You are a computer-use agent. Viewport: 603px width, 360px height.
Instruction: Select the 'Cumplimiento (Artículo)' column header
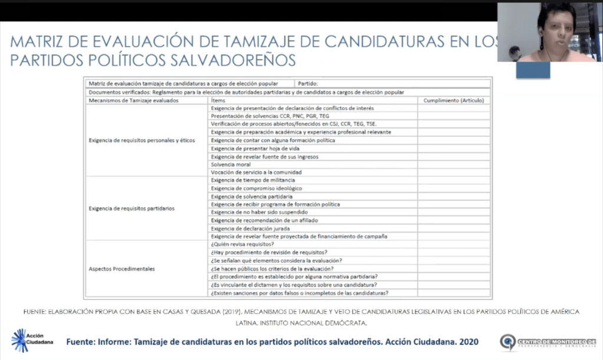click(x=453, y=100)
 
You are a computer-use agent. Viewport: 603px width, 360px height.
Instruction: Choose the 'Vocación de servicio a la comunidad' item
click(x=256, y=172)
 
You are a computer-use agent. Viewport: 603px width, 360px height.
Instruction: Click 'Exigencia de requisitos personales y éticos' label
click(x=141, y=140)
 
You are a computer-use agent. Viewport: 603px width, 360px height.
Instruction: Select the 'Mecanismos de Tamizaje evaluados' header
click(x=133, y=100)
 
